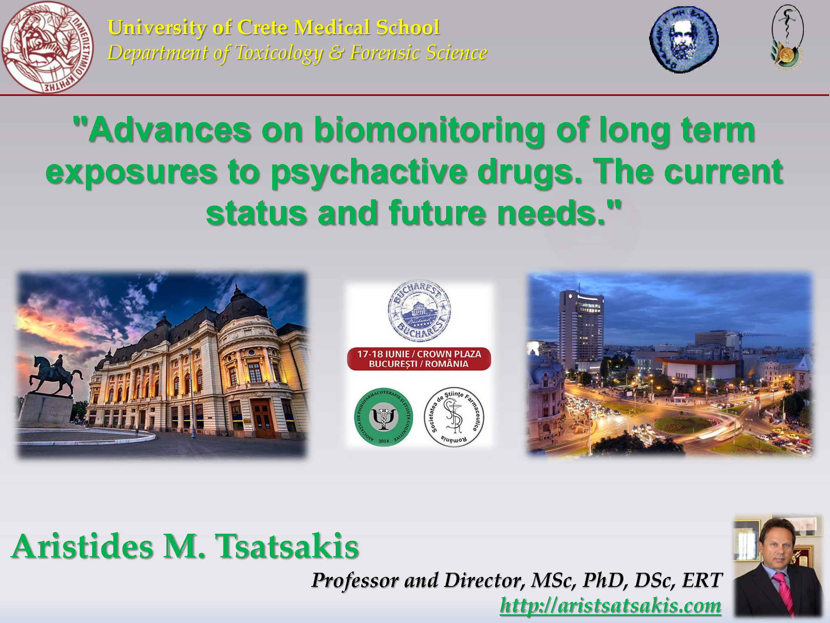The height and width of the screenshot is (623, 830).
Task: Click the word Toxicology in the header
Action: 279,53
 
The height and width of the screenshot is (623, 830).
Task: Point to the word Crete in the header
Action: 262,28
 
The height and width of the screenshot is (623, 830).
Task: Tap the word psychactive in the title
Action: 369,172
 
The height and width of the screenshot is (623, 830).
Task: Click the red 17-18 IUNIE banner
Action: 419,359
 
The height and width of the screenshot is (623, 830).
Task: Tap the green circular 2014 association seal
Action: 383,417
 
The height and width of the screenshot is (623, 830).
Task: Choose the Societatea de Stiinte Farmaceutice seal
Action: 454,417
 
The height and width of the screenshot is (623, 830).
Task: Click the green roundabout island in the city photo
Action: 683,424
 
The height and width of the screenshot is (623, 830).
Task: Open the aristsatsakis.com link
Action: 610,605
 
